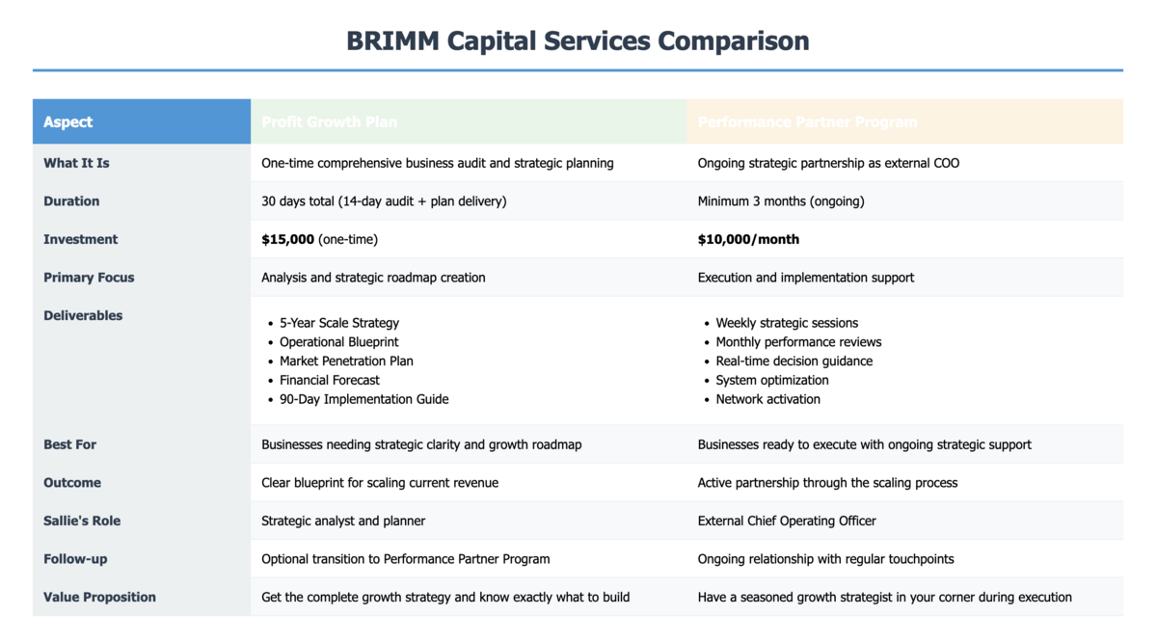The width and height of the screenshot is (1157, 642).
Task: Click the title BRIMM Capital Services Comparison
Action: (x=578, y=41)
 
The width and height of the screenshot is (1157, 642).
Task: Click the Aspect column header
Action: (x=68, y=122)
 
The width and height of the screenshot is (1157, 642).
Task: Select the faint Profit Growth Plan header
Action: (x=329, y=122)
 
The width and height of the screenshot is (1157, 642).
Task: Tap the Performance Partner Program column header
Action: (x=807, y=122)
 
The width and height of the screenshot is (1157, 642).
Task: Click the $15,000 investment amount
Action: (x=287, y=239)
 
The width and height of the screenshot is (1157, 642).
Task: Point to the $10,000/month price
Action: (x=748, y=239)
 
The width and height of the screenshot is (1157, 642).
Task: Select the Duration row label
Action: (x=71, y=201)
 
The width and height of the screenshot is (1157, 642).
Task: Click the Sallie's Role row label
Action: (x=82, y=521)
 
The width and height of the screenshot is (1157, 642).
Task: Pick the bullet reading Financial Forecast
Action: (x=330, y=380)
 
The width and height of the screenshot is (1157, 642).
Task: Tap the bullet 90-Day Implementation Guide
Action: (x=363, y=399)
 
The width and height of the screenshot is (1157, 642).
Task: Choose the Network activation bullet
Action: (x=767, y=399)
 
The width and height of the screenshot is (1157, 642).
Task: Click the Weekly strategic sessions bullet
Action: (x=787, y=323)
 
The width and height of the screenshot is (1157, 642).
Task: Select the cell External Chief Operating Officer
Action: (x=787, y=521)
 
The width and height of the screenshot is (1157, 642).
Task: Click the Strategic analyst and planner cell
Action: (x=343, y=521)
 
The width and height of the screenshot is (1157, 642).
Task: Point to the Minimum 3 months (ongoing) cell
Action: (x=781, y=201)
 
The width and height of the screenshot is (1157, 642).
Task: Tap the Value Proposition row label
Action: (x=99, y=597)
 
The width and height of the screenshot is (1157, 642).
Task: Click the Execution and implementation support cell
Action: (x=806, y=278)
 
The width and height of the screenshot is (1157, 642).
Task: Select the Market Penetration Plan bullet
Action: (x=346, y=361)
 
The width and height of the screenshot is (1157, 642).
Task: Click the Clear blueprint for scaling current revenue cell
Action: (x=380, y=483)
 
